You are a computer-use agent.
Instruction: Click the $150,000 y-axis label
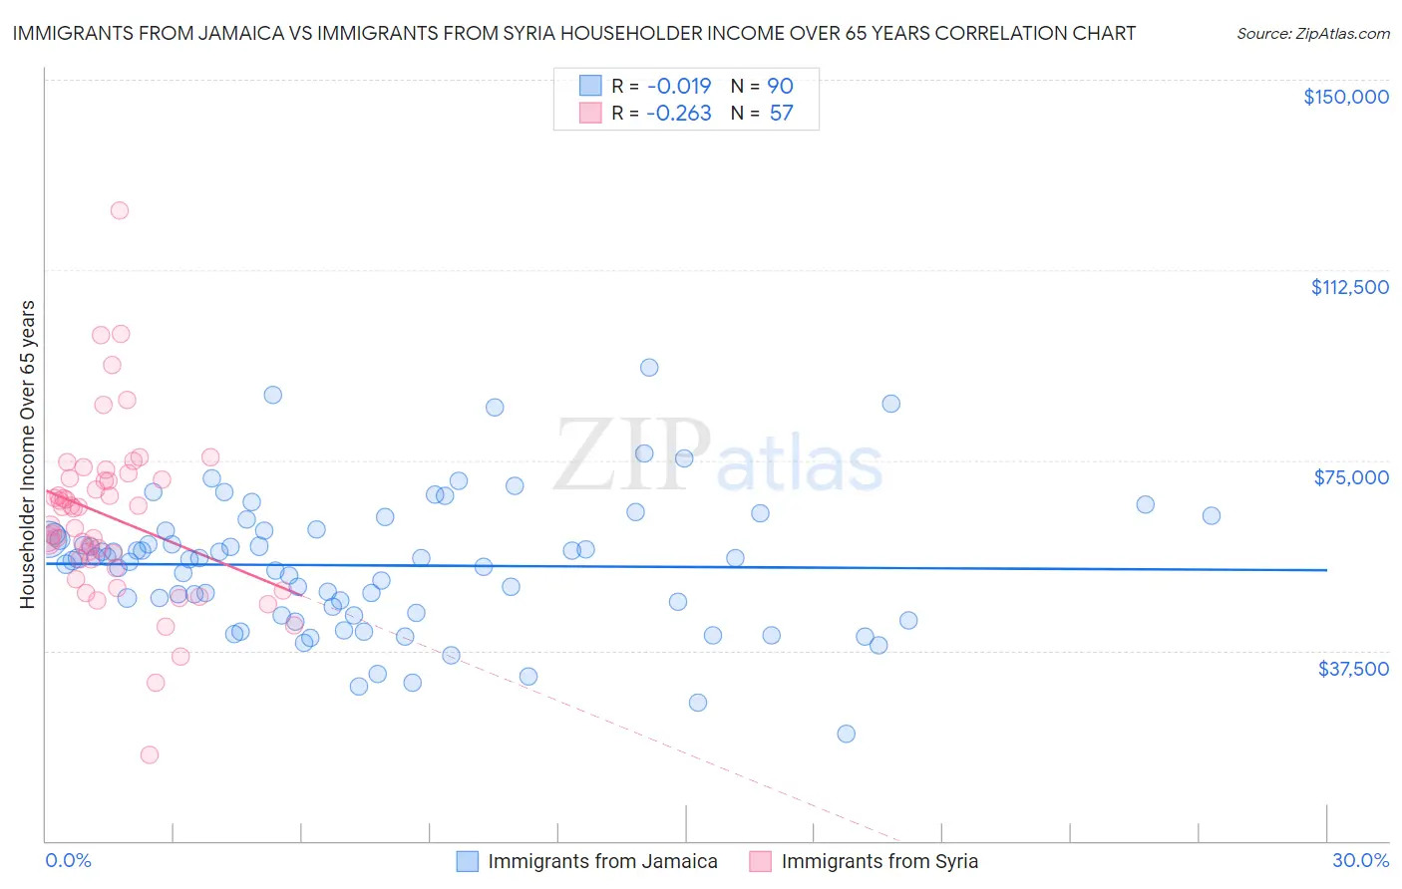1345,97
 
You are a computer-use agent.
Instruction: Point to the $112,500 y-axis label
1349,287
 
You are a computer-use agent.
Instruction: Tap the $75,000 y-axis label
1351,477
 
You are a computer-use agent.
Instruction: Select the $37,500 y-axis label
1353,669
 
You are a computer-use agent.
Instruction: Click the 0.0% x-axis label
68,860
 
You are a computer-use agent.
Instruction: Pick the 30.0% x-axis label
1360,860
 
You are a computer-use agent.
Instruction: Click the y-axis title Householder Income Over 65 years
27,454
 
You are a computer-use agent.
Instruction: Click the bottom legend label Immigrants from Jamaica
602,861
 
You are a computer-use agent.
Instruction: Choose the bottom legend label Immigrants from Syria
879,861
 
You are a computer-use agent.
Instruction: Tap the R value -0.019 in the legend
678,87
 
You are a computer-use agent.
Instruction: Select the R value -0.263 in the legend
678,113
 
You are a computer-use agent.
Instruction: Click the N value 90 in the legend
780,87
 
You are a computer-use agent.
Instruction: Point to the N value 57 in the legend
781,113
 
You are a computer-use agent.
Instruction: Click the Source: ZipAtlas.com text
1312,34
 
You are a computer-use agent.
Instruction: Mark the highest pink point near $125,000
120,210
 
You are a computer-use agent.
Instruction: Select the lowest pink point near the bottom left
150,754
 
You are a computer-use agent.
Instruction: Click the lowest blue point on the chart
847,734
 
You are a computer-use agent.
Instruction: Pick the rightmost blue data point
1212,515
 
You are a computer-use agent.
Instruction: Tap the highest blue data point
649,367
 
